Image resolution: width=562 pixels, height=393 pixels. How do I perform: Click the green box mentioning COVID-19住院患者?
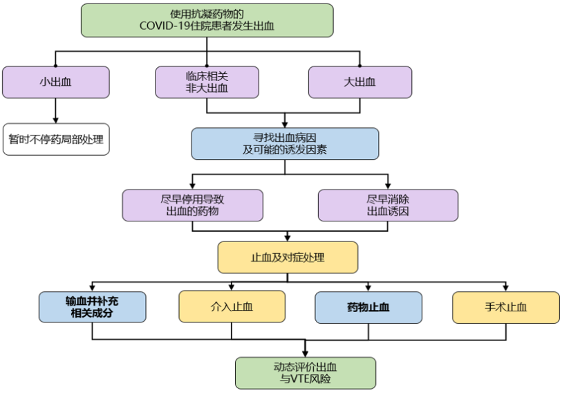[207, 20]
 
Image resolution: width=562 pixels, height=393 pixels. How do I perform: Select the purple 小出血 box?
[55, 82]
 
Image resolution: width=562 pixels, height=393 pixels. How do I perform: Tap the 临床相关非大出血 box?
[207, 82]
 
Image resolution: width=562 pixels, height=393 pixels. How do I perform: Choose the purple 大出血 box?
[359, 82]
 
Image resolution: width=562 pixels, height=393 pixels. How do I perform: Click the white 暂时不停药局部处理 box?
[55, 139]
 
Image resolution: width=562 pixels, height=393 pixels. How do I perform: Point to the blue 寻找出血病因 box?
[285, 144]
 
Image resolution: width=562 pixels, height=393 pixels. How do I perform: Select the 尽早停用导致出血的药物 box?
[192, 205]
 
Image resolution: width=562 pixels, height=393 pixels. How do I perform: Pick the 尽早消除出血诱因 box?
[388, 205]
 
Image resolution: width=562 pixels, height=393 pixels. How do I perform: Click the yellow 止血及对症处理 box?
[288, 257]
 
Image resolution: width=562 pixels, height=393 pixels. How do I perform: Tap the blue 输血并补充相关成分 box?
[92, 307]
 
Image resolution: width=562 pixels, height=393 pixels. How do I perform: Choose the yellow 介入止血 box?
[232, 307]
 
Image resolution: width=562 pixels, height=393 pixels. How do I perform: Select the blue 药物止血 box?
[368, 307]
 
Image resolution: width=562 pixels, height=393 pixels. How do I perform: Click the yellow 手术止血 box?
[506, 307]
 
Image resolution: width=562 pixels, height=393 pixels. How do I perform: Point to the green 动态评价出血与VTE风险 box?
[305, 373]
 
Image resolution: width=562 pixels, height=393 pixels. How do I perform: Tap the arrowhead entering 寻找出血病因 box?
[285, 124]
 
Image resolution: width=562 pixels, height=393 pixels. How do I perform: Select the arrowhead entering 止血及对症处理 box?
[288, 237]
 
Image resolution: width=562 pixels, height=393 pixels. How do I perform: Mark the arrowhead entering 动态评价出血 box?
[305, 353]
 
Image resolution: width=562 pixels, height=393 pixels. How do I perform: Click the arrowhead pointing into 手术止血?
[506, 288]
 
